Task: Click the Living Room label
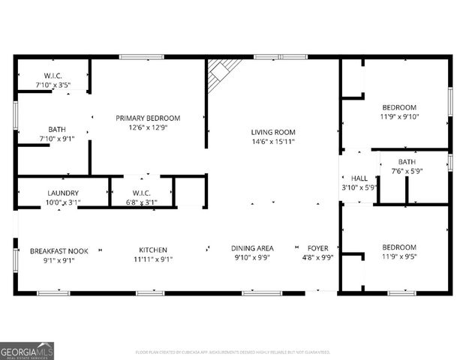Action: pyautogui.click(x=273, y=132)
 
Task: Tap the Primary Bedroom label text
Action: pyautogui.click(x=148, y=118)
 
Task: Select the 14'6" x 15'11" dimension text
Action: pyautogui.click(x=273, y=141)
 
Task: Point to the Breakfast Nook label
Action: pyautogui.click(x=53, y=250)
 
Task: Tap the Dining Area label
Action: pyautogui.click(x=252, y=248)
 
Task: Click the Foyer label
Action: pyautogui.click(x=317, y=248)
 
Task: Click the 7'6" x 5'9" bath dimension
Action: pyautogui.click(x=407, y=171)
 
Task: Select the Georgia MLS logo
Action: pyautogui.click(x=28, y=349)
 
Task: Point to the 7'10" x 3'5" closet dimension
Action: pyautogui.click(x=53, y=85)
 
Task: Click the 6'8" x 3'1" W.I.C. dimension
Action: pyautogui.click(x=141, y=202)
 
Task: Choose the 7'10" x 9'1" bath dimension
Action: pyautogui.click(x=57, y=138)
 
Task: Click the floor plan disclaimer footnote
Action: pyautogui.click(x=233, y=351)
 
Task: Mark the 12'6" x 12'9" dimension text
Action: pyautogui.click(x=148, y=127)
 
